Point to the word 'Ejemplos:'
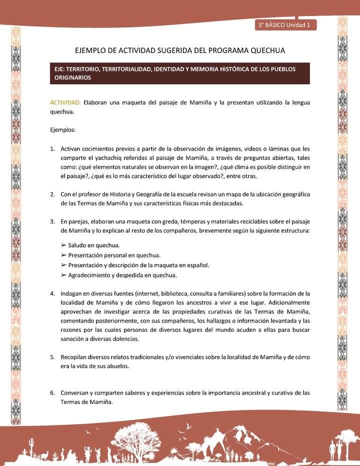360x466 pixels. click(62, 130)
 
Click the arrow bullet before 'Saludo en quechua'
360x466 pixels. click(63, 245)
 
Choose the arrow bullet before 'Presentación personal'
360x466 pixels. click(63, 255)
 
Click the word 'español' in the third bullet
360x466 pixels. click(196, 265)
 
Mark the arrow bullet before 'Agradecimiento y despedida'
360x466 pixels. click(63, 275)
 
